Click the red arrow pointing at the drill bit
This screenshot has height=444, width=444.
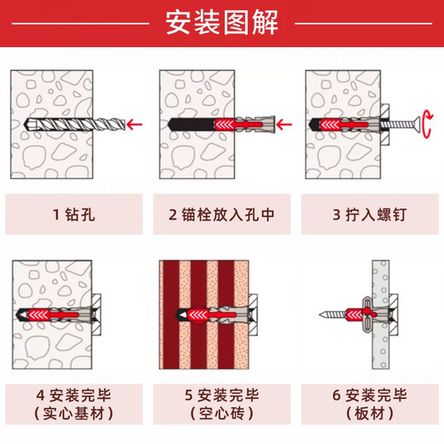click(x=132, y=126)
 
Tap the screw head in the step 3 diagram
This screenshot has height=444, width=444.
click(x=404, y=126)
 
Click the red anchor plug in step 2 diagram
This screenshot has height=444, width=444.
click(x=198, y=126)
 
